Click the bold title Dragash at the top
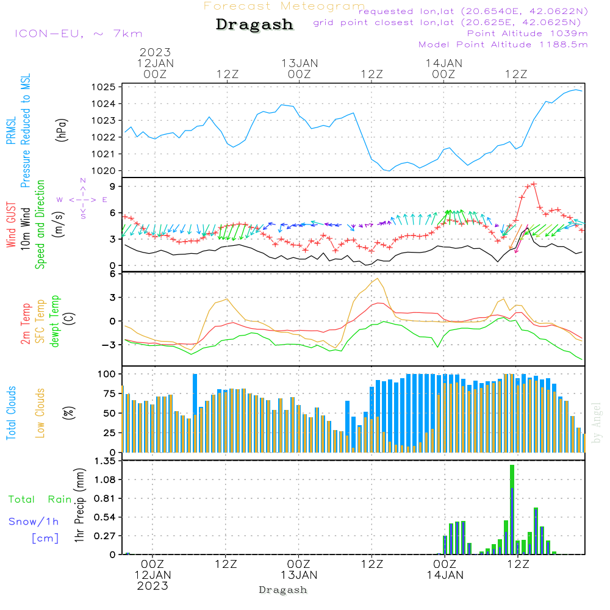[x=254, y=24]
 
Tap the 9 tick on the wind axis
[x=113, y=186]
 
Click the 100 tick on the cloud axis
[x=107, y=373]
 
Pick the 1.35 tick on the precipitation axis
[x=105, y=461]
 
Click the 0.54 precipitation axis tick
[x=105, y=517]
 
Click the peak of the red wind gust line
[x=534, y=183]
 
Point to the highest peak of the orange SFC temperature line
[x=378, y=279]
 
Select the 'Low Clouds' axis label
[x=41, y=412]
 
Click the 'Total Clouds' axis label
[x=11, y=413]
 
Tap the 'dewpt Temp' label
[x=56, y=321]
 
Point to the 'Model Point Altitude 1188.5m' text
[x=503, y=45]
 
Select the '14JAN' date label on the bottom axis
[x=445, y=575]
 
